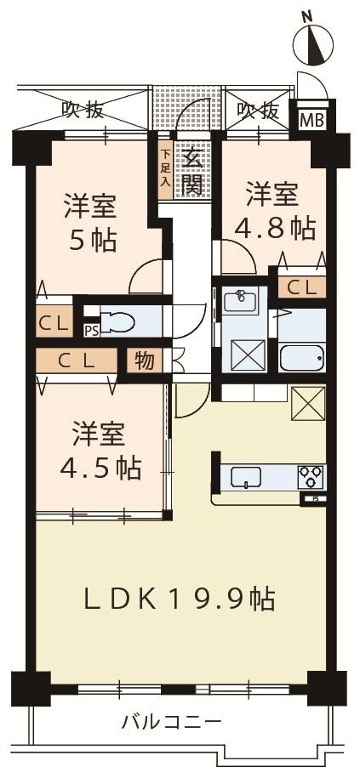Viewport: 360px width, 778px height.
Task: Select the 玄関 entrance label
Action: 193,170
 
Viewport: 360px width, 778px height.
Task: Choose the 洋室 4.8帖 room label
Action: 274,210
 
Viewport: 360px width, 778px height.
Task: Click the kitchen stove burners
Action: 310,477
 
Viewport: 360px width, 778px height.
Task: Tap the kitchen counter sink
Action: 248,479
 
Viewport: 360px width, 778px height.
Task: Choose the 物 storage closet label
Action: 145,360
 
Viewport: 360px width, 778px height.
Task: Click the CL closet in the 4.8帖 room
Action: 300,287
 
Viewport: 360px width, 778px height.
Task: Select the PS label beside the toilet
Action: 89,330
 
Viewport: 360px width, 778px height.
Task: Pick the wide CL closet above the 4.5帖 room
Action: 77,361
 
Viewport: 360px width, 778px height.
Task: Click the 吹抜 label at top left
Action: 83,110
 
